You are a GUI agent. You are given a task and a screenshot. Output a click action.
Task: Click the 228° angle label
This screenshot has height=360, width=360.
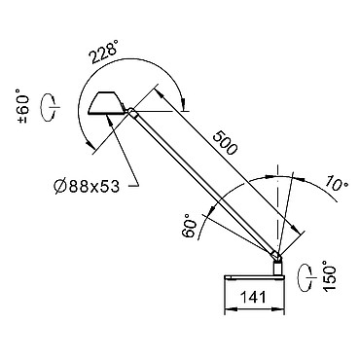[x=104, y=53]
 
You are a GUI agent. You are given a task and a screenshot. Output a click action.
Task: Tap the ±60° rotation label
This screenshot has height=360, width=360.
[x=23, y=106]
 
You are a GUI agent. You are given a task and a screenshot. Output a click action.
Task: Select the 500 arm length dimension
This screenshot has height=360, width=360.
[x=225, y=142]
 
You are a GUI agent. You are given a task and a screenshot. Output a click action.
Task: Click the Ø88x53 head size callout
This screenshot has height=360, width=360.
[x=87, y=187]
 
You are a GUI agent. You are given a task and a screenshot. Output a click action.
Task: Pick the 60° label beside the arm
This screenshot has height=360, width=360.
[x=190, y=226]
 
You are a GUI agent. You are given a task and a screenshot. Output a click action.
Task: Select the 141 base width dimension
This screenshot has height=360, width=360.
[x=253, y=297]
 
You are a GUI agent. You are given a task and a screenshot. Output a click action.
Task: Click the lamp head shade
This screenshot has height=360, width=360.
[x=107, y=103]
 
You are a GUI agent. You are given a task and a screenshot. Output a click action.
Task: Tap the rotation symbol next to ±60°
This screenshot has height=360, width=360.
[x=50, y=107]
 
